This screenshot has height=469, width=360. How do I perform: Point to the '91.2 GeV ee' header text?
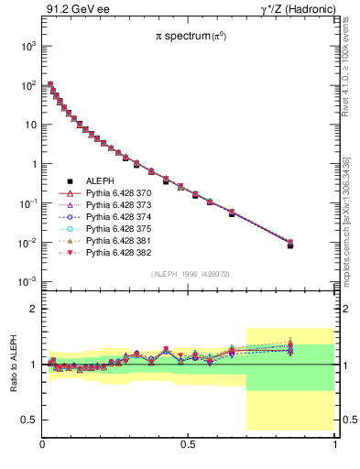(x=72, y=10)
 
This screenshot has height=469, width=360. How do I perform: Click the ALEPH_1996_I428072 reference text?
(x=190, y=274)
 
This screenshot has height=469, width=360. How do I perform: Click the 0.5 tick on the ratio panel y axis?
(x=30, y=420)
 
